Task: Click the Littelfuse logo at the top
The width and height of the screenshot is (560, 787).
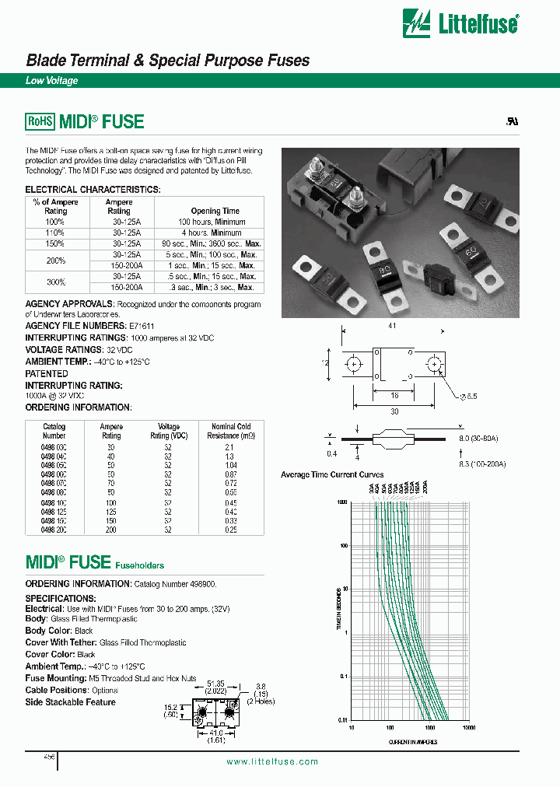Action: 460,23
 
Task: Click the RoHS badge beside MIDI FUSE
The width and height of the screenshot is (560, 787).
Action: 40,121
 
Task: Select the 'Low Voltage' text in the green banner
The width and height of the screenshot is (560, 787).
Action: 52,81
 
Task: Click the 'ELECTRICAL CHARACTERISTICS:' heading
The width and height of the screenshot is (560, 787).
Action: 93,190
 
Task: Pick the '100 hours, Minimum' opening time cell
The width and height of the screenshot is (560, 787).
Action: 215,222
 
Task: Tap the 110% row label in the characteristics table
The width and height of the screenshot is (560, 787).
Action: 55,233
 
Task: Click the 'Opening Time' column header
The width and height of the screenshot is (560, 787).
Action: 215,211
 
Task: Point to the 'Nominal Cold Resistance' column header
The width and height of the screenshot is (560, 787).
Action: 231,431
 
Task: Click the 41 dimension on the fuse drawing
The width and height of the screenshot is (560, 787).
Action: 392,325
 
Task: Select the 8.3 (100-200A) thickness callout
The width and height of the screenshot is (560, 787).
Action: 482,463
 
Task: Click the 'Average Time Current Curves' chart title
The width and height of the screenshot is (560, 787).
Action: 332,474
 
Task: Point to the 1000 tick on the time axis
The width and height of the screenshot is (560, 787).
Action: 341,502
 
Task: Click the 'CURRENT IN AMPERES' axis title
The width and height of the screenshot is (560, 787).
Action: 411,743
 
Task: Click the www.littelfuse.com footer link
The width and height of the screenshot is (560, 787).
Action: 272,761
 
